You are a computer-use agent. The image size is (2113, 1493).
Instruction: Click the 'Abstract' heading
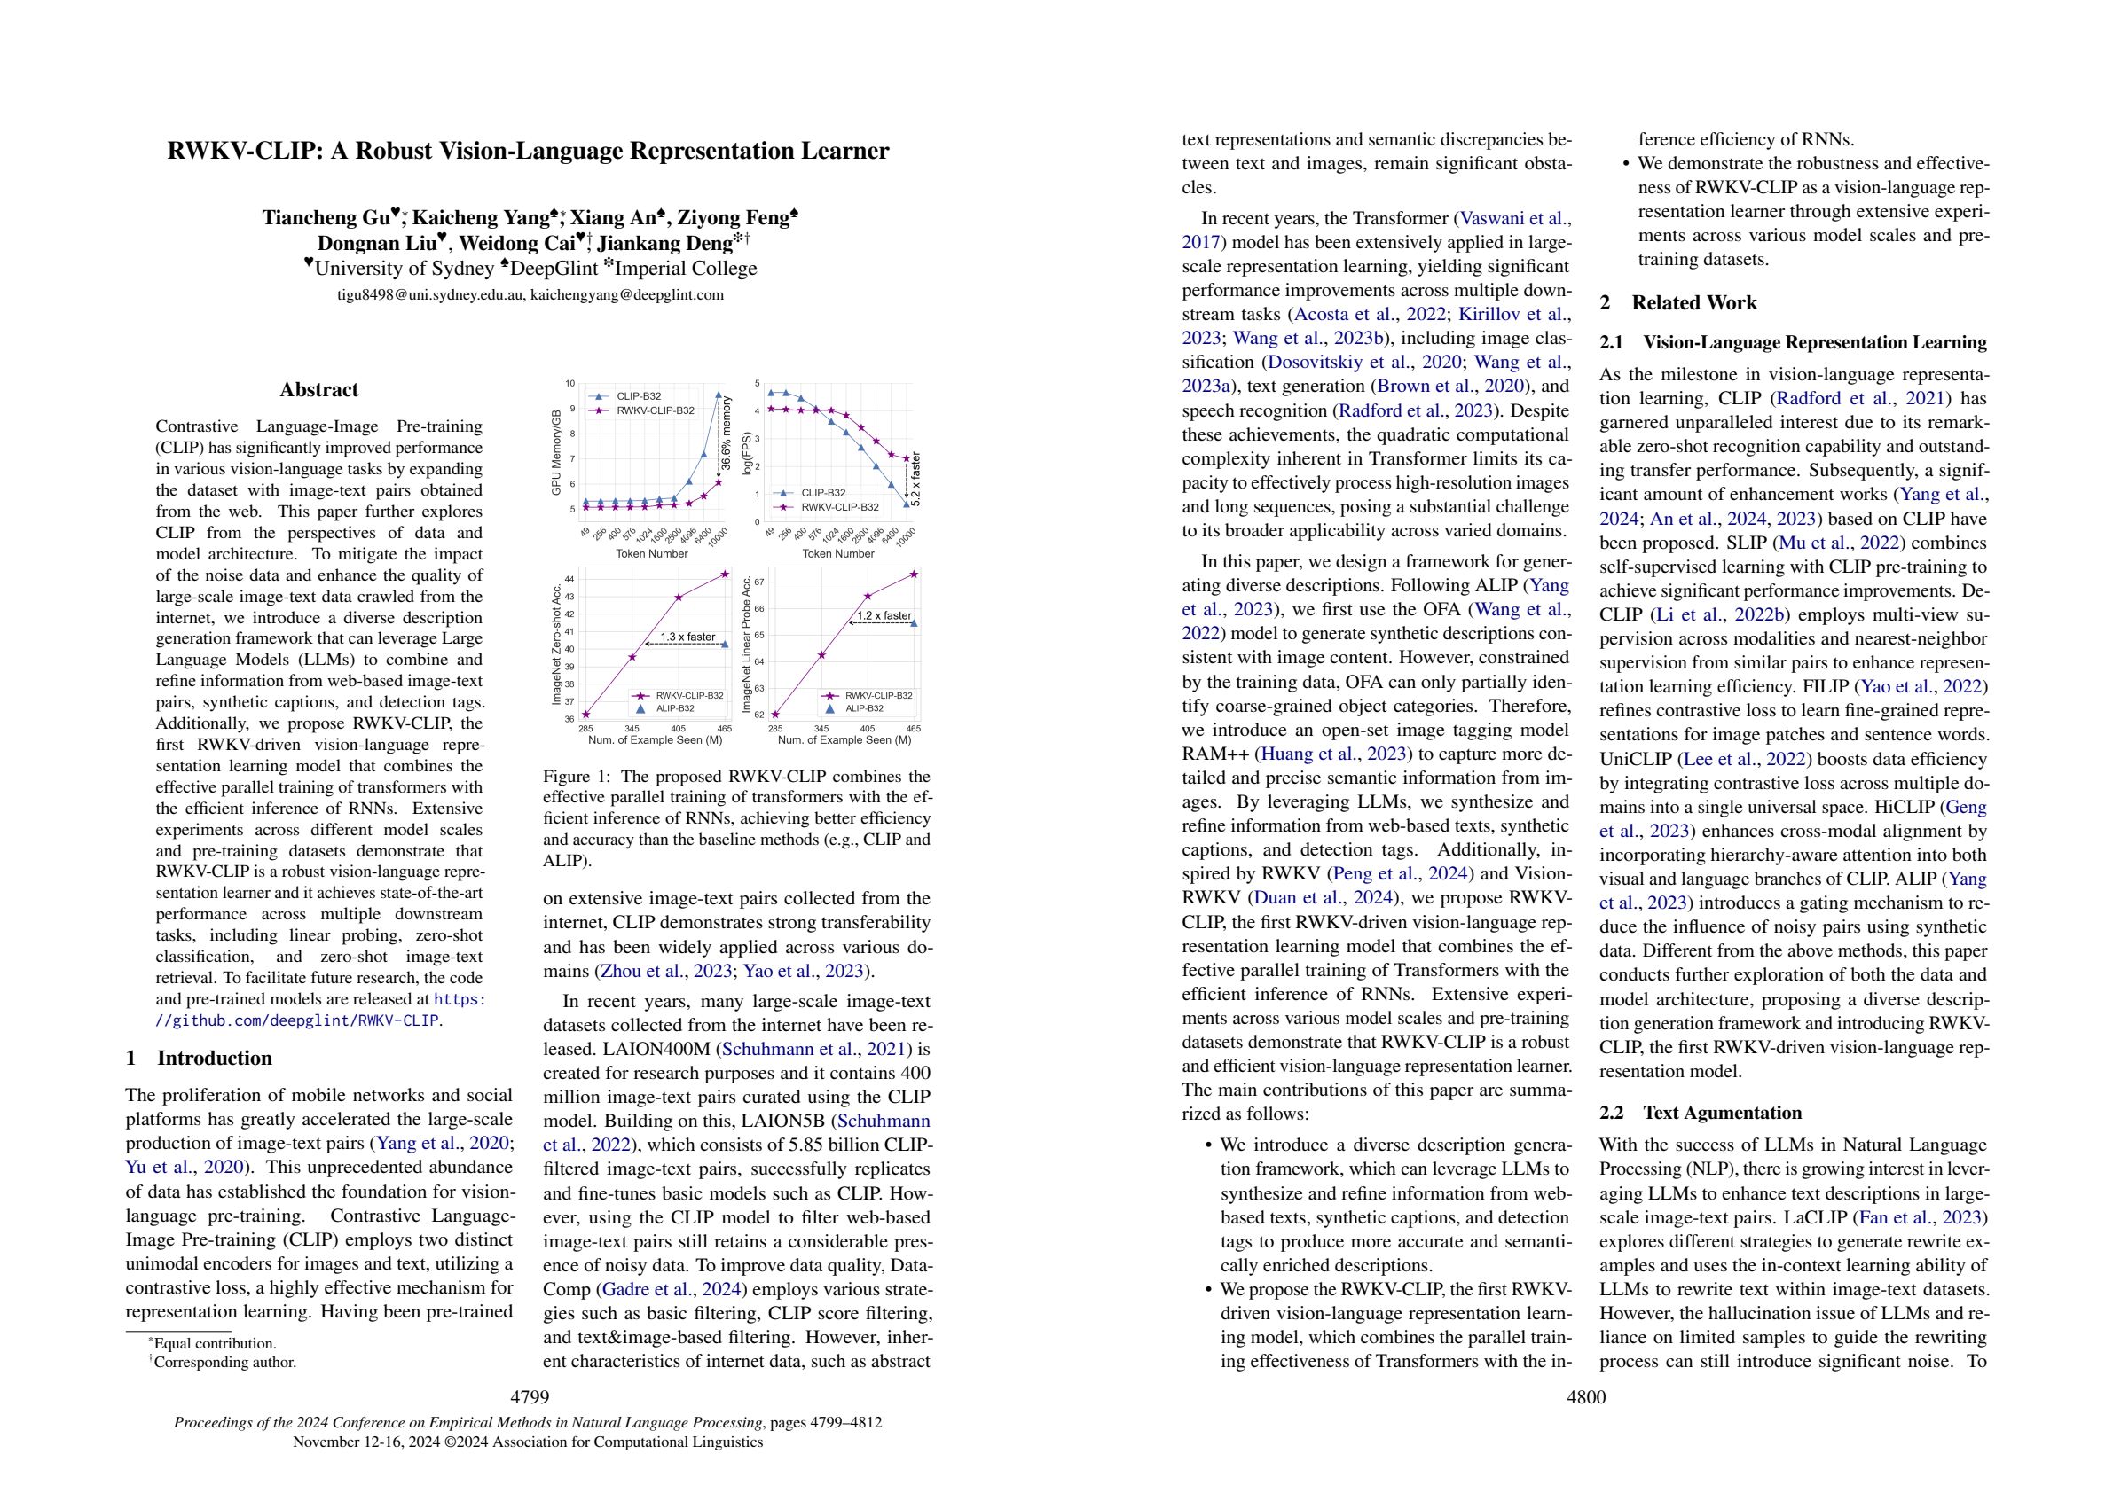click(x=318, y=390)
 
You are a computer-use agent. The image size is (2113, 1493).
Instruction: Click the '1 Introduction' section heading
click(x=199, y=1058)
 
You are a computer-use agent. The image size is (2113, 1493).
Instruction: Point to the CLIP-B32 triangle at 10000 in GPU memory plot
click(x=718, y=395)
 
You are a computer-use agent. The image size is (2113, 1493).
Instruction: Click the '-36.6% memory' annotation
click(x=727, y=435)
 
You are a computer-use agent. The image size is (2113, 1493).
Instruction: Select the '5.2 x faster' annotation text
click(x=915, y=480)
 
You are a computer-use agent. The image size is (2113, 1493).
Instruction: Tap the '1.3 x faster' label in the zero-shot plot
click(x=687, y=637)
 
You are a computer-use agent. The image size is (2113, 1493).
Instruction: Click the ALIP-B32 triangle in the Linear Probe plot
click(x=913, y=622)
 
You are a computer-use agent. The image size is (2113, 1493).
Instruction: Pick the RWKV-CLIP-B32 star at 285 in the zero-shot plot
click(x=586, y=715)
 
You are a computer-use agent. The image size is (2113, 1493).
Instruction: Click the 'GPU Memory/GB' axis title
click(x=556, y=452)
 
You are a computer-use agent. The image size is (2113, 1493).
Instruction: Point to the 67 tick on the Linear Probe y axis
click(x=759, y=582)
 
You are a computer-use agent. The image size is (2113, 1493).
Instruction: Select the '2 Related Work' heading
click(x=1677, y=302)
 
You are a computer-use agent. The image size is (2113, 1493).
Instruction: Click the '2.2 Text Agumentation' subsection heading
click(x=1701, y=1112)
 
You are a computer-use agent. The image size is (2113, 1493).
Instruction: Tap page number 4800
click(x=1586, y=1397)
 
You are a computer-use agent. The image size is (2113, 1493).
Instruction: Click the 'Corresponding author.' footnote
click(x=224, y=1363)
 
